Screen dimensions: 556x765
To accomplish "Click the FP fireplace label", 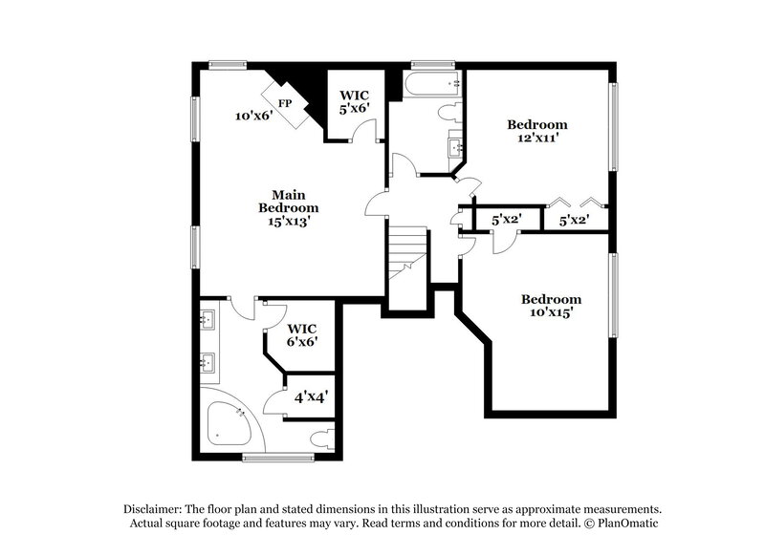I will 285,103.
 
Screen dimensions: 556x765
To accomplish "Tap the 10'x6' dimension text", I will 254,116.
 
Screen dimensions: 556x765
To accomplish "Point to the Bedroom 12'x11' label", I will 536,131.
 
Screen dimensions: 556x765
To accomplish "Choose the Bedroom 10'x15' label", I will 551,305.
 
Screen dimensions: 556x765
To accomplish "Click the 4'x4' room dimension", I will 311,395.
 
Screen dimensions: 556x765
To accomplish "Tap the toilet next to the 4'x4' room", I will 322,438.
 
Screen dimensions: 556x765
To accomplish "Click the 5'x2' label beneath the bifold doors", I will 574,220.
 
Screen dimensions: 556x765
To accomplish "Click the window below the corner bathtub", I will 278,458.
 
